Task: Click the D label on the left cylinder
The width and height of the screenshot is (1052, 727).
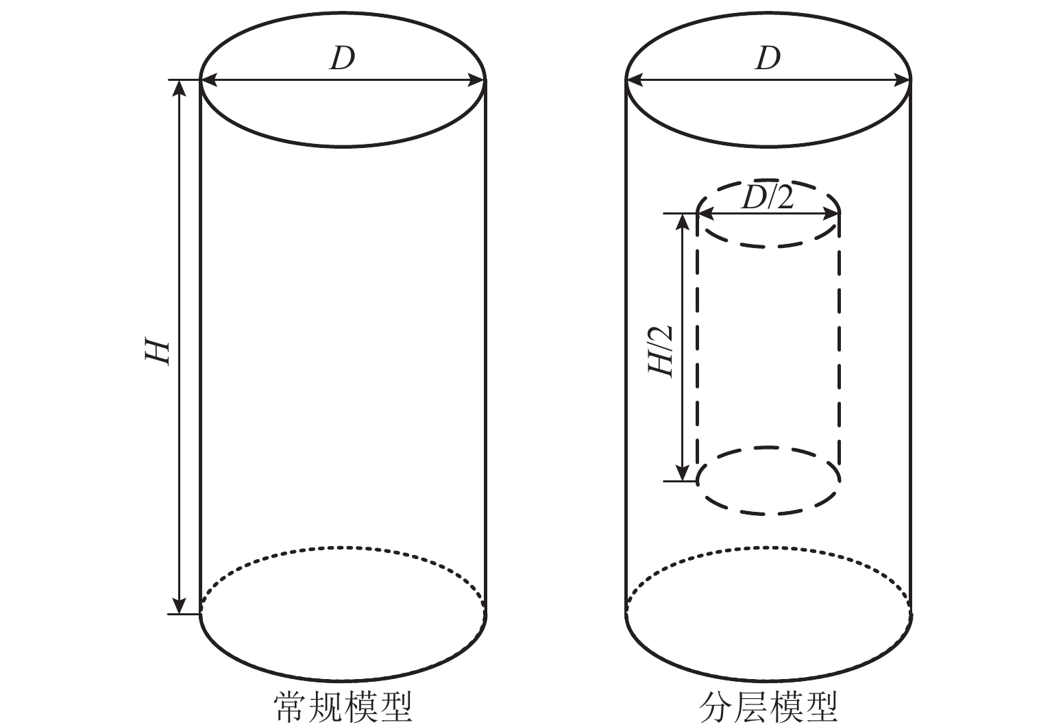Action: tap(342, 59)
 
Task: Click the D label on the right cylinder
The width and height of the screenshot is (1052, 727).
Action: tap(768, 59)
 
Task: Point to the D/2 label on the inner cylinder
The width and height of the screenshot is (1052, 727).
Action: tap(768, 198)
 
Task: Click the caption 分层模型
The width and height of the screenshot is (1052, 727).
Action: tap(768, 708)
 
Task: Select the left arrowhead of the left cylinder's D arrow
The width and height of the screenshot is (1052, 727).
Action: tap(209, 81)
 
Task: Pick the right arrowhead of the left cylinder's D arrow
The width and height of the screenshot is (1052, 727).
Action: tap(478, 81)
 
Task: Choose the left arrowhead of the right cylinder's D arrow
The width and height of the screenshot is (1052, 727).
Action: tap(635, 81)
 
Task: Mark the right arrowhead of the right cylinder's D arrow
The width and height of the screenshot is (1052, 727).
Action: tap(903, 81)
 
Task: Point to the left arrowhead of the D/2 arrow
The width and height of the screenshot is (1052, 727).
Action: tap(706, 214)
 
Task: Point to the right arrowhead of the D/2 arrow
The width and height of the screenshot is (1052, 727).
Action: tap(831, 214)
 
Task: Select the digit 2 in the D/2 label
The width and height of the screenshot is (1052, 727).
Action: tap(784, 198)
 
